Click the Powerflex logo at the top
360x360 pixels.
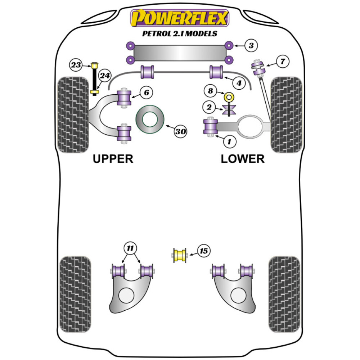(180, 18)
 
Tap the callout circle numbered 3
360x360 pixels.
(251, 45)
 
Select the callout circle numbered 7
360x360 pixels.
(283, 62)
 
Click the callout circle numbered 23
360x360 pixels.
(76, 65)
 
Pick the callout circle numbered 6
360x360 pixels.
(146, 93)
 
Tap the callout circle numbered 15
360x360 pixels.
(204, 251)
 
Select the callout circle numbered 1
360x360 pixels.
(229, 142)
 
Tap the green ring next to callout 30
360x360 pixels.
(150, 120)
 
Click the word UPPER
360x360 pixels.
(113, 158)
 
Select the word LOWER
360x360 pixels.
(242, 158)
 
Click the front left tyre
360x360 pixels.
(73, 114)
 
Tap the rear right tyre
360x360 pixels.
(284, 294)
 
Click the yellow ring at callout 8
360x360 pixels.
(229, 97)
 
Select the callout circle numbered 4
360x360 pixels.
(238, 83)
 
